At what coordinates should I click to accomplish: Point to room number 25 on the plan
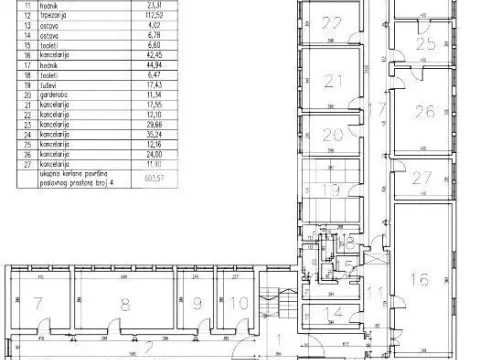click(x=426, y=44)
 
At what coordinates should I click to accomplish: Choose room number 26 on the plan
click(x=426, y=112)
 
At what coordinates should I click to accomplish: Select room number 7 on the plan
click(x=37, y=303)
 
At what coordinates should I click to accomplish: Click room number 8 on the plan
click(x=124, y=303)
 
